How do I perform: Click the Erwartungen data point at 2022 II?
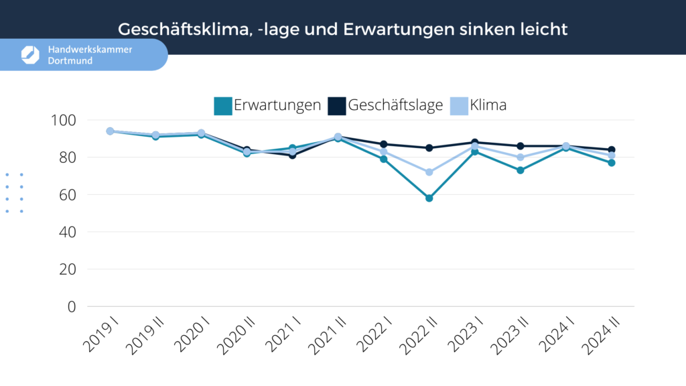[x=429, y=198]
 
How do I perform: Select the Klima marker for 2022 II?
[x=429, y=172]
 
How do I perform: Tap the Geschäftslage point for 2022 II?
[x=429, y=148]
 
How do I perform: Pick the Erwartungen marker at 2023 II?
[x=520, y=170]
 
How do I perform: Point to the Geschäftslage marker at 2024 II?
[x=611, y=150]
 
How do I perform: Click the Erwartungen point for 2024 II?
[x=611, y=163]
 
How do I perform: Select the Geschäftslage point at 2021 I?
[x=292, y=155]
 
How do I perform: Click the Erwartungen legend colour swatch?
[x=222, y=106]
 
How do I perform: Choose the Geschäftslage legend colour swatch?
[x=337, y=106]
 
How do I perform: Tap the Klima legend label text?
[x=488, y=106]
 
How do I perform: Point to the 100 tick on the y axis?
[x=64, y=121]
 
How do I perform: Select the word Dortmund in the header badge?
[x=70, y=61]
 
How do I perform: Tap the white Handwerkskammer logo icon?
[x=30, y=55]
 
